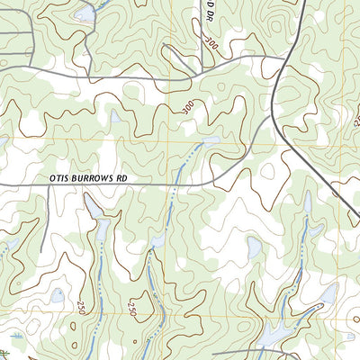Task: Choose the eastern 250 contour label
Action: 134,310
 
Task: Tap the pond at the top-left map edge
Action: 85,14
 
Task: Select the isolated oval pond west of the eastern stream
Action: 255,247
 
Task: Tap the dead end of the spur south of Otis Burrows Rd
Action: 41,250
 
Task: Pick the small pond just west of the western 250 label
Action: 58,294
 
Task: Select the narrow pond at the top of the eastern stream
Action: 307,203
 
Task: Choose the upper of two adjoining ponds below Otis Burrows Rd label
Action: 92,209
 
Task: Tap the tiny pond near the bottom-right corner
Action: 328,293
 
